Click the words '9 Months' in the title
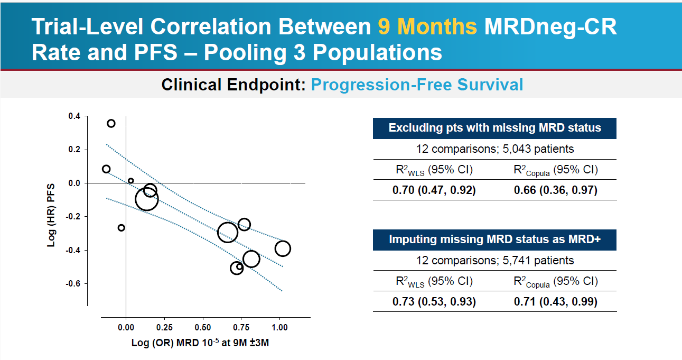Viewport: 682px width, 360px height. [x=427, y=27]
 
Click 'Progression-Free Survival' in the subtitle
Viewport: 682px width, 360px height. [x=417, y=85]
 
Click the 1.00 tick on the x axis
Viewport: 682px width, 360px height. [x=279, y=327]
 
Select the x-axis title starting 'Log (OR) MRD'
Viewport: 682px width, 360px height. [x=201, y=343]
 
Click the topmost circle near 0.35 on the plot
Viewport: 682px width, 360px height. [x=111, y=124]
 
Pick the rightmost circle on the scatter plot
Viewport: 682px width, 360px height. [x=283, y=248]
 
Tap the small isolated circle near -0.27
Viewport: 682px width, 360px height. [x=122, y=228]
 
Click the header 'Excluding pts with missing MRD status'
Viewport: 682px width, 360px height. [x=494, y=128]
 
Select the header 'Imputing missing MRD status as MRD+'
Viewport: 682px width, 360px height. [x=494, y=239]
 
